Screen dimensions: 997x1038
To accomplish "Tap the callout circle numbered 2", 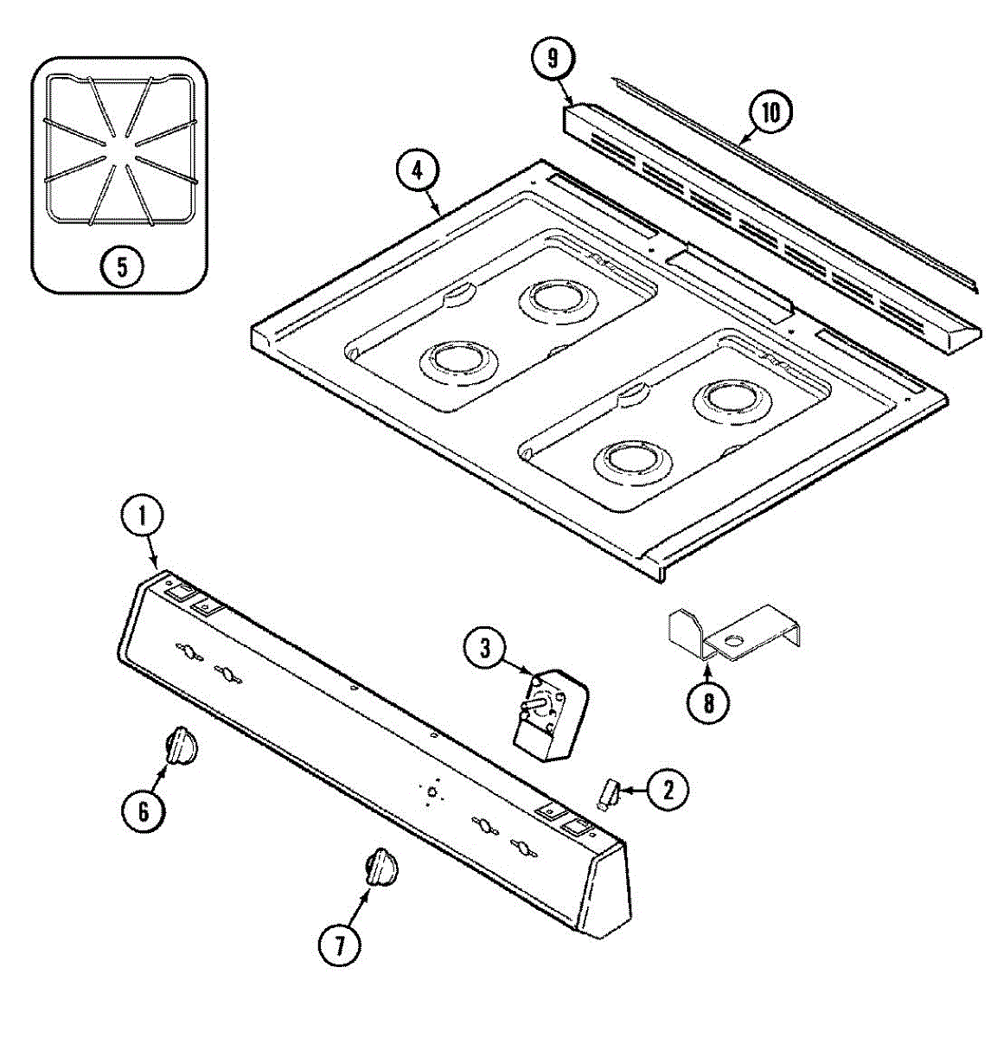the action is [668, 789].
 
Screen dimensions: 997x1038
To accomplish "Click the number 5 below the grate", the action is [121, 266].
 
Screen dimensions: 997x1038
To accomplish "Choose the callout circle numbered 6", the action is [143, 811].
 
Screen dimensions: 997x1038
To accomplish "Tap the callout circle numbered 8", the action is [708, 702].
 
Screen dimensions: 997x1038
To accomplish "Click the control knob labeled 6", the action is [181, 745].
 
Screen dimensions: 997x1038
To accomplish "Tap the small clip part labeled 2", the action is [609, 792].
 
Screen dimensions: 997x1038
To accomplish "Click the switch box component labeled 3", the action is [549, 715].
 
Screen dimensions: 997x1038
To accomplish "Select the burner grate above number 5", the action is [119, 151].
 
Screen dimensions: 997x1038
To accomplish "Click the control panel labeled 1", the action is [372, 761].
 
